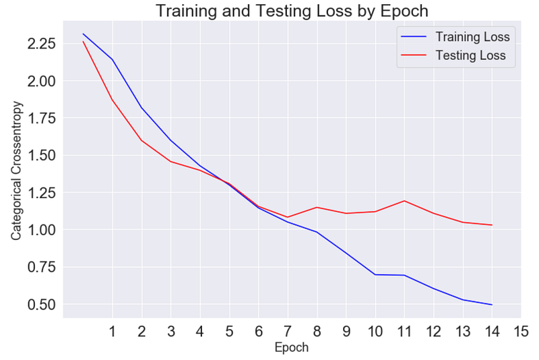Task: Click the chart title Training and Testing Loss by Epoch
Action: tap(292, 11)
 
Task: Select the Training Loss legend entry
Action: tap(455, 37)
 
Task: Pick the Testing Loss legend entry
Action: tap(453, 55)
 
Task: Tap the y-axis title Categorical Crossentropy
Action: tap(16, 171)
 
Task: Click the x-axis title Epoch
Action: tap(292, 347)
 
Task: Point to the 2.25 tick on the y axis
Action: tap(41, 44)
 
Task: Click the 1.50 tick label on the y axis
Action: tap(41, 156)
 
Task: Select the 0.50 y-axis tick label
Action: tap(41, 304)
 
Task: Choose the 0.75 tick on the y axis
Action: tap(41, 267)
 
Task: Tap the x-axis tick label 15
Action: tap(521, 332)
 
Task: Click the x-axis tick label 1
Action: tap(112, 332)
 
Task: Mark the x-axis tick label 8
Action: tap(317, 332)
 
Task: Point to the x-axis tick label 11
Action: tap(404, 332)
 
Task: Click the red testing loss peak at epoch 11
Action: tap(404, 201)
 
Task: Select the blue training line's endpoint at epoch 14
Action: tap(492, 305)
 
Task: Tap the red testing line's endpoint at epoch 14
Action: tap(492, 225)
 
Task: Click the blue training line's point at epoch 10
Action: tap(375, 274)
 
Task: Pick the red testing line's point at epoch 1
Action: tap(112, 100)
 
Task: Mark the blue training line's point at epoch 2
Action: tap(141, 108)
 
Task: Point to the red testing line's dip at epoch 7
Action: tap(288, 217)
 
